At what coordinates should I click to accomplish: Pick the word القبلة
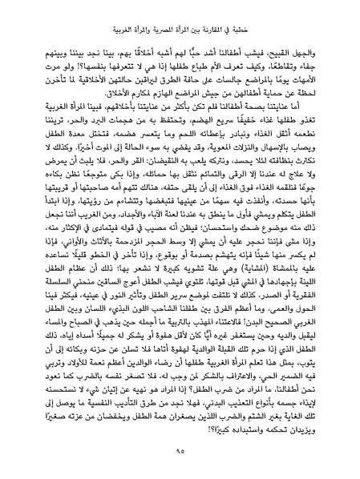(x=232, y=389)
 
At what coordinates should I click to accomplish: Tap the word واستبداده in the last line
(x=272, y=441)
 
